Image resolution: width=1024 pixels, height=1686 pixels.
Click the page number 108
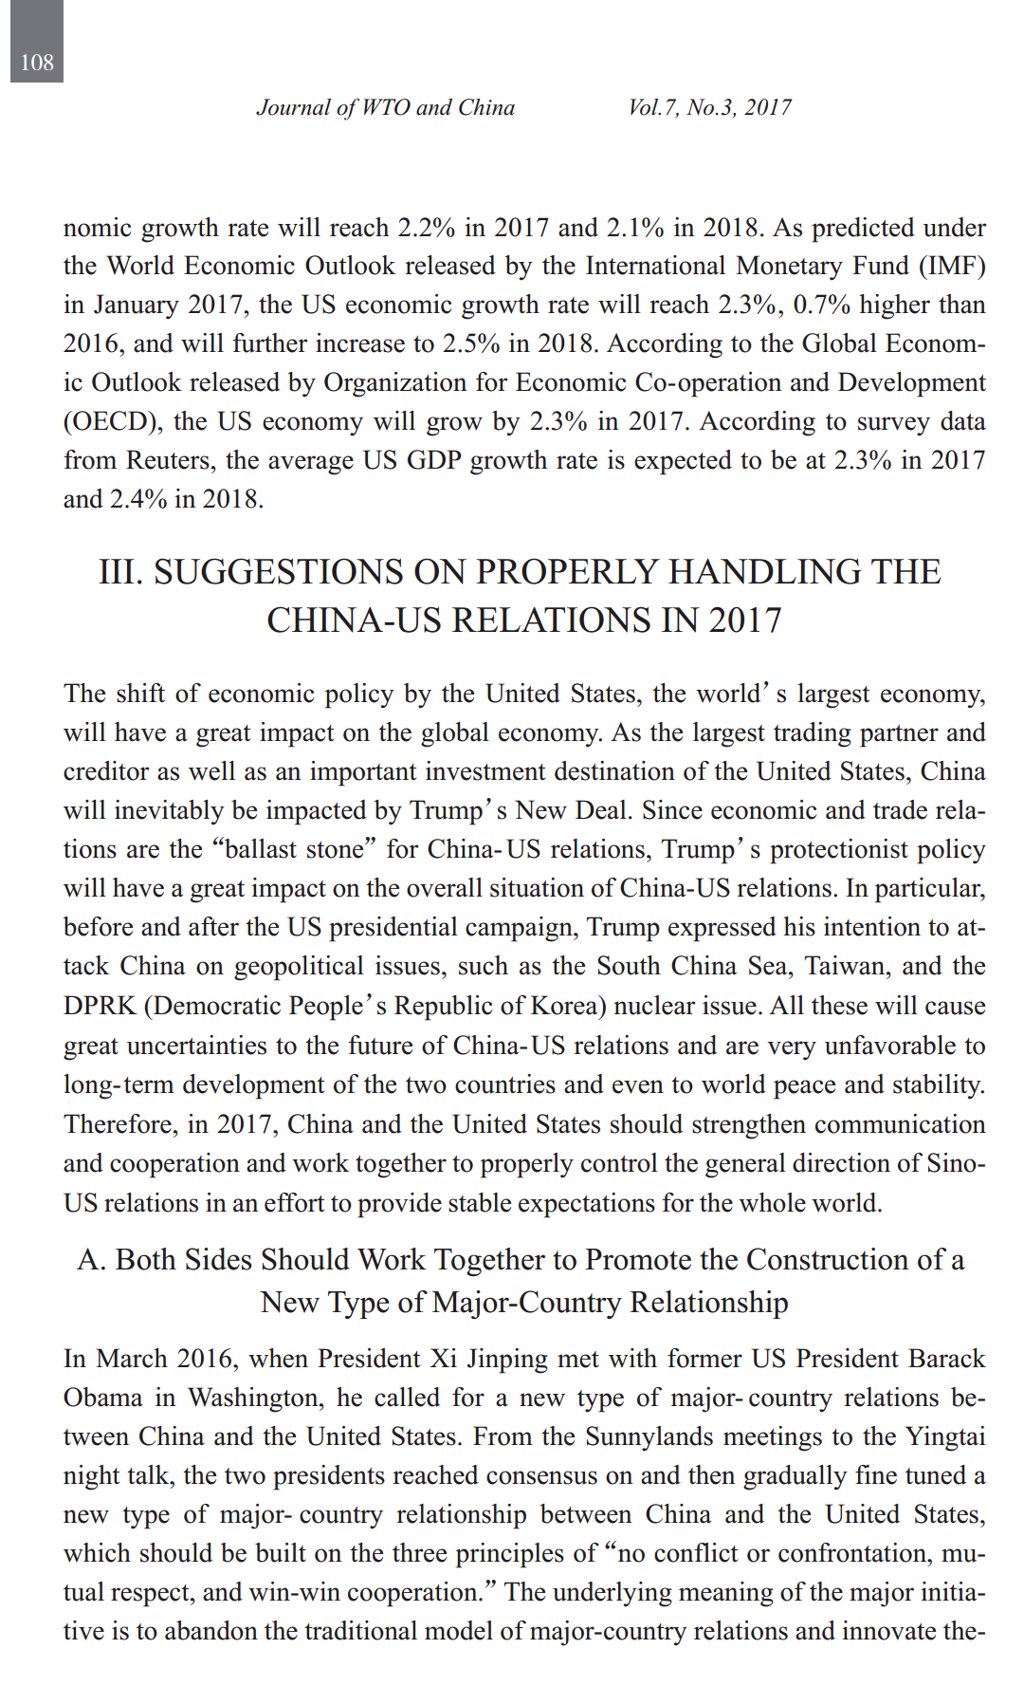[x=37, y=63]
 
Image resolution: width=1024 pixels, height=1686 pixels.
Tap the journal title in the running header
[x=385, y=107]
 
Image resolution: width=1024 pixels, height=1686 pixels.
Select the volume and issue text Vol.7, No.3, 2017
[x=709, y=107]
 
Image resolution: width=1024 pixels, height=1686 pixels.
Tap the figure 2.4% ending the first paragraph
[x=137, y=499]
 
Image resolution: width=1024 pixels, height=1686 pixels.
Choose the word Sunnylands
[x=649, y=1436]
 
